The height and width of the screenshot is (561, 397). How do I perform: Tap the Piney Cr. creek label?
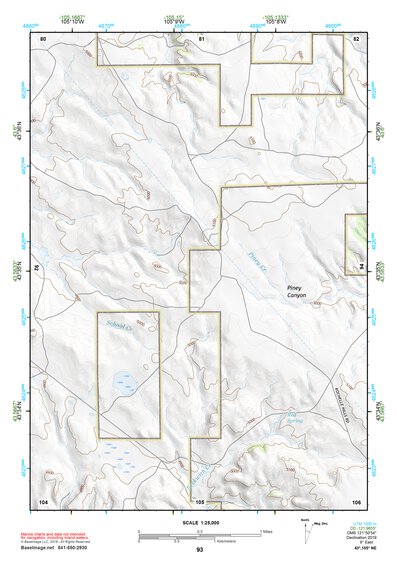pyautogui.click(x=253, y=264)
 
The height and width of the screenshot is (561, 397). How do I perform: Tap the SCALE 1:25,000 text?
pyautogui.click(x=199, y=522)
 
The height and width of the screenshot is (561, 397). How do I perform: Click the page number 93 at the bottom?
pyautogui.click(x=200, y=550)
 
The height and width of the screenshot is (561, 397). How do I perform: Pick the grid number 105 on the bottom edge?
pyautogui.click(x=200, y=501)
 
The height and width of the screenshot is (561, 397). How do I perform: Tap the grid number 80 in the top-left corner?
pyautogui.click(x=42, y=38)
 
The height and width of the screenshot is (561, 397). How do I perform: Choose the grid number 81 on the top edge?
pyautogui.click(x=200, y=38)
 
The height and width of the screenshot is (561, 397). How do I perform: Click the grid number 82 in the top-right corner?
pyautogui.click(x=356, y=38)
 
